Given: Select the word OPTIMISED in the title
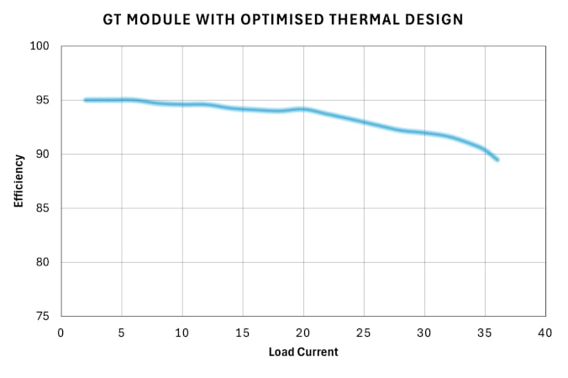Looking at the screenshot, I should point(267,18).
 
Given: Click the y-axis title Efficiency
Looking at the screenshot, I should point(18,181).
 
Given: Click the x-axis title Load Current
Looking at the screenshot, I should point(303,352).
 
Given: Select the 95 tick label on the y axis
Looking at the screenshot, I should point(45,100).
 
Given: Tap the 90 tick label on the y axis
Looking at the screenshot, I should point(45,155).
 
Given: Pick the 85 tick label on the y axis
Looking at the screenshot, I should point(45,208).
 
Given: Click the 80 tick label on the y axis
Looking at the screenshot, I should point(45,262).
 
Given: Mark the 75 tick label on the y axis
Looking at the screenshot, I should point(45,316).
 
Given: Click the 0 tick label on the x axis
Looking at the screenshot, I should point(61,333).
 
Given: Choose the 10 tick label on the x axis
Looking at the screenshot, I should point(182,333).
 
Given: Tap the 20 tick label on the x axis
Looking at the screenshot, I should point(303,333).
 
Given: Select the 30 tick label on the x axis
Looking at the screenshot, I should point(424,333).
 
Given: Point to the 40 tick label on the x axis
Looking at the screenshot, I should point(545,333).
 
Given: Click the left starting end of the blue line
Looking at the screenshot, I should point(86,100).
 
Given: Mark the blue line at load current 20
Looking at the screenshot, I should point(303,109).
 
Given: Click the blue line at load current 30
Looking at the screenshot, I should point(424,133).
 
